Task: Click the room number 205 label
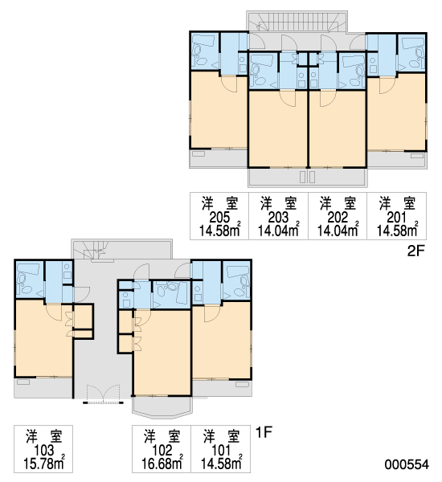tap(219, 218)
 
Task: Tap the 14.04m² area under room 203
tap(278, 231)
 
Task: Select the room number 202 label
tap(338, 218)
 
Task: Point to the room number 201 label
tap(397, 218)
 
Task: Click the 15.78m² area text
tap(44, 464)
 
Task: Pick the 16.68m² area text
tap(162, 464)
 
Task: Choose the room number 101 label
tap(221, 451)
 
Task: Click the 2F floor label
tap(415, 251)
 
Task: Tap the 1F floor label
tap(264, 433)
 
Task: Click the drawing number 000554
tap(407, 464)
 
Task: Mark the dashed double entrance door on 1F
tap(103, 394)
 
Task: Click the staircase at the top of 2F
tap(297, 22)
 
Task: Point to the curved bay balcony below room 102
tap(162, 407)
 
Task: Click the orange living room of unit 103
tap(44, 339)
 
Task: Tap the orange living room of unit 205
tap(219, 111)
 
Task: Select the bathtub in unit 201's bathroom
tap(412, 43)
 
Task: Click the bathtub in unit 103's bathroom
tap(27, 270)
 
